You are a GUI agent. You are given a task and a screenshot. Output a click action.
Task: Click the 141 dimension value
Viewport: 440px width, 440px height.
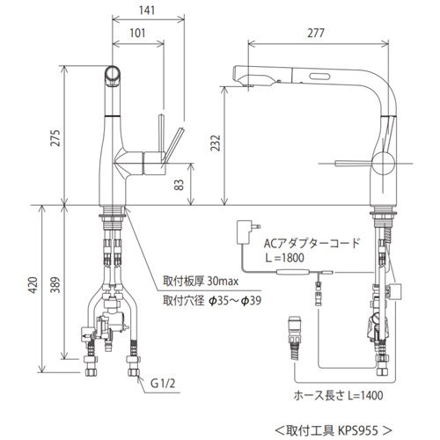click(147, 11)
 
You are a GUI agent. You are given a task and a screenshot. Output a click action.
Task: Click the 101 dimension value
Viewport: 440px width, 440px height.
click(137, 33)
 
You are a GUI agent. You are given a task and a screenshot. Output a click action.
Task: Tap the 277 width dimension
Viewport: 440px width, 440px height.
click(316, 33)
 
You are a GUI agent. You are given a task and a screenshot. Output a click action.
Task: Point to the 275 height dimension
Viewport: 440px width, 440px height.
click(55, 137)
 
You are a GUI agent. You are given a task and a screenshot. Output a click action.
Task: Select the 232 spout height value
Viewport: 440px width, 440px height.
click(216, 143)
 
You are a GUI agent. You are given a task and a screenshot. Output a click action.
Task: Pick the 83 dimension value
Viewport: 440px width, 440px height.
click(179, 185)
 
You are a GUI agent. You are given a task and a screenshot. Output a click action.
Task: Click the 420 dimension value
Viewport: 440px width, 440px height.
click(33, 285)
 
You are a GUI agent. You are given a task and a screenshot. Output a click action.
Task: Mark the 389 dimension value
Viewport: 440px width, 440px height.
click(55, 285)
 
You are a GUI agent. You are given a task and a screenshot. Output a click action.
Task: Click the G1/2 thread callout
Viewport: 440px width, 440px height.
click(163, 383)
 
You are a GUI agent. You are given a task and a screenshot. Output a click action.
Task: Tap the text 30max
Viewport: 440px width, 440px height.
click(223, 282)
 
